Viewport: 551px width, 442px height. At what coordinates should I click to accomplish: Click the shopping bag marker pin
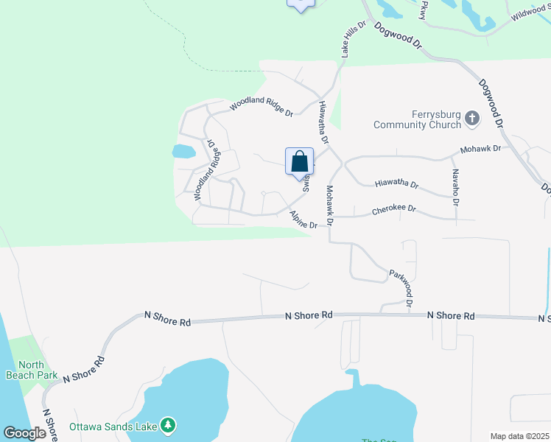[x=300, y=162]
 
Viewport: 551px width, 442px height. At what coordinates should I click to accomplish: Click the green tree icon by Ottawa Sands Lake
[x=169, y=425]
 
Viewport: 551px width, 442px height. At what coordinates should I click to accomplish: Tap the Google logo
[x=24, y=432]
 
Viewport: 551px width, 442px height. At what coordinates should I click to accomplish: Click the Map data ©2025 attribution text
[x=519, y=436]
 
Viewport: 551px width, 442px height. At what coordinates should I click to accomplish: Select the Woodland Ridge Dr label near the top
[x=261, y=106]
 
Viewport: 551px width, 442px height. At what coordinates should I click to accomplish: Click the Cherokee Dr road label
[x=394, y=209]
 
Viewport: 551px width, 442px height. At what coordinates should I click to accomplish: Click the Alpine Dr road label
[x=303, y=220]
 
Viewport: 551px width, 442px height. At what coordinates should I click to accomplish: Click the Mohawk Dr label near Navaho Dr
[x=480, y=149]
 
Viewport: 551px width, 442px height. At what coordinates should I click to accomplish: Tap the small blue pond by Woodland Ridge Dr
[x=183, y=152]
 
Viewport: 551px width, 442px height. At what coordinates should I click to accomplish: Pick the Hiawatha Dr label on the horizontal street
[x=396, y=184]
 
